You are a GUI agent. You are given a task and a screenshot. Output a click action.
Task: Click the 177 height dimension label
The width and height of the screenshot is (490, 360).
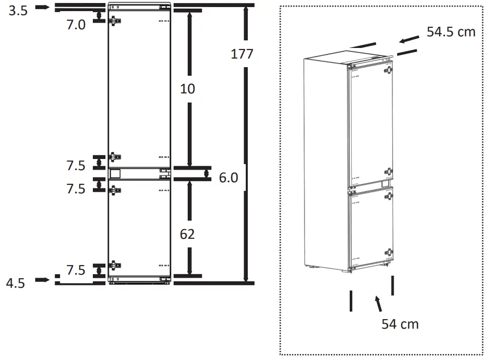(x=242, y=54)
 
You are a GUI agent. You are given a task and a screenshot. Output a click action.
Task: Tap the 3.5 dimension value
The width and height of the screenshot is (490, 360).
(x=18, y=11)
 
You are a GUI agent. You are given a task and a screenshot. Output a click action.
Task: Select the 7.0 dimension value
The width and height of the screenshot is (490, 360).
(x=76, y=24)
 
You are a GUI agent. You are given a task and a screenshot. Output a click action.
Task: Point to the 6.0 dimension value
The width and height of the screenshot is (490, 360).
(x=229, y=178)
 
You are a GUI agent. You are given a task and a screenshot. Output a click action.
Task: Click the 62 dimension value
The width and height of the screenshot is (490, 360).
(x=187, y=234)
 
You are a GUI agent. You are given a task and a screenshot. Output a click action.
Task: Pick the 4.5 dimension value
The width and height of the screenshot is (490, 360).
(x=15, y=283)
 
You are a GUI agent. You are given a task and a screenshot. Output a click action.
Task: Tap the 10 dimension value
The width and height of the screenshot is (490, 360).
(x=188, y=89)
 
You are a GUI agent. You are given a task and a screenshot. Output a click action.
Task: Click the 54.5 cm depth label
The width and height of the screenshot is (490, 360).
(x=451, y=32)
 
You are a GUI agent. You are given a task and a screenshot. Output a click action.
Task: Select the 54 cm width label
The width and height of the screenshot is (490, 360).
(x=400, y=324)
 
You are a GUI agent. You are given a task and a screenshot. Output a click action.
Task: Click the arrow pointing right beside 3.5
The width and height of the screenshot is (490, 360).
(x=42, y=7)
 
